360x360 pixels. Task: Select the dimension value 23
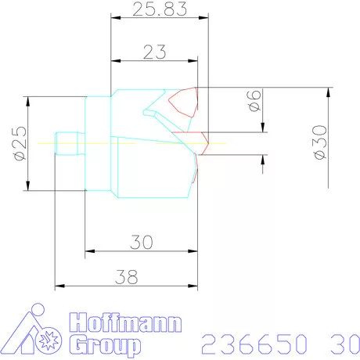pos(153,52)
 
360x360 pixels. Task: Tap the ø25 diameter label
pos(20,142)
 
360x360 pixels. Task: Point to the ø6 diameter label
pos(252,102)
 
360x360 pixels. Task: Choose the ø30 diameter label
pos(318,143)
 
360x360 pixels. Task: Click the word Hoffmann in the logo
pos(125,322)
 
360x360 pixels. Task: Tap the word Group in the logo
pos(105,344)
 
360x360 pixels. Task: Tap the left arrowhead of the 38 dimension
pos(57,286)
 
